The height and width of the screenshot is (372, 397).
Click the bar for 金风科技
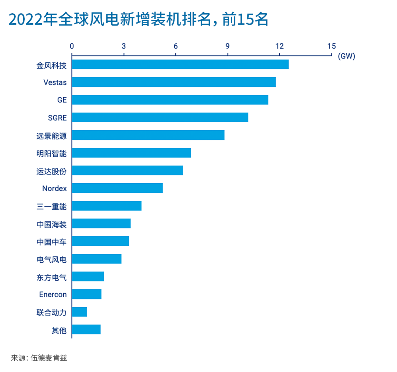coord(180,64)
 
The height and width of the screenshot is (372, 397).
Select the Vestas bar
coord(174,82)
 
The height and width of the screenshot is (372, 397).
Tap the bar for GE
coord(170,100)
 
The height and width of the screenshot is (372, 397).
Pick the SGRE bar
coord(160,117)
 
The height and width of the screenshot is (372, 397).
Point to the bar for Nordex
coord(117,188)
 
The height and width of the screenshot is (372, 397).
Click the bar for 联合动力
coord(79,312)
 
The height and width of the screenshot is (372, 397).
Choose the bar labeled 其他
coord(86,330)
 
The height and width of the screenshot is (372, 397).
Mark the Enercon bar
coord(87,294)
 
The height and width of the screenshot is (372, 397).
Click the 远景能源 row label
coord(51,135)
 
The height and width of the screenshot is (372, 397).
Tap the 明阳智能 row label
coord(51,153)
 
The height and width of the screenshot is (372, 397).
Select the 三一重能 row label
coord(51,206)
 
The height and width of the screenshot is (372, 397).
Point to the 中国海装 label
coord(51,224)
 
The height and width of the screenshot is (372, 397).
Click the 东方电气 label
coord(51,277)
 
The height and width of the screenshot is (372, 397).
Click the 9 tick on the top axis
coord(228,46)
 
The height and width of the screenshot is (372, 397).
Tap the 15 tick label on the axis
coord(332,46)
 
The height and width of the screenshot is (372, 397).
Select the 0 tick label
coord(72,46)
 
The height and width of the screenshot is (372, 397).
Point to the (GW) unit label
coord(346,57)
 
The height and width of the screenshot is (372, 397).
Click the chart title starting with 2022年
coord(138,20)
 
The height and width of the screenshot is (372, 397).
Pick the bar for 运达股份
coord(127,170)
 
